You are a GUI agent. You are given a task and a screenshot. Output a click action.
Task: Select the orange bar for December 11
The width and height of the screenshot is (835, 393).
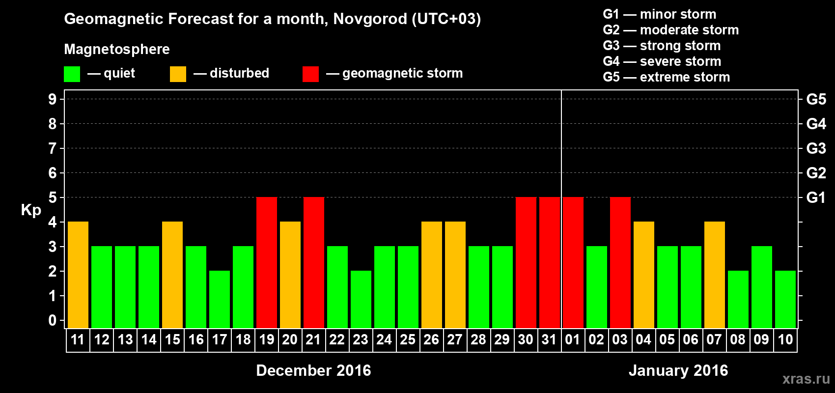coord(78,275)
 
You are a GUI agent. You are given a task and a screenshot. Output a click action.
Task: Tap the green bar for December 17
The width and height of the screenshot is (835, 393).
coord(220,299)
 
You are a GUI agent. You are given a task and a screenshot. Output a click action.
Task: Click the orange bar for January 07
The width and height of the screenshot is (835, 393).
coord(715,275)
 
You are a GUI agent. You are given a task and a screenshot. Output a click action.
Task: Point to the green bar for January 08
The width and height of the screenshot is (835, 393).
coord(738,299)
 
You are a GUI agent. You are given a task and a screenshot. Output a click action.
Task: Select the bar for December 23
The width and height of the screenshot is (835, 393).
coord(361,299)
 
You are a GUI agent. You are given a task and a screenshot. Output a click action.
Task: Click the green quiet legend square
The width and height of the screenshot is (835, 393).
coord(72,74)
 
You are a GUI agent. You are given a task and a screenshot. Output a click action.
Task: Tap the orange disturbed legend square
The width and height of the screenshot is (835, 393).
coord(178,74)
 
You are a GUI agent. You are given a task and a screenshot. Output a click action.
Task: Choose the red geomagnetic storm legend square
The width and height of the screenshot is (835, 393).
coord(310,74)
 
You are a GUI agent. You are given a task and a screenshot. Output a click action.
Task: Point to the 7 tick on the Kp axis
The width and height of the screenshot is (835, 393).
coord(53,148)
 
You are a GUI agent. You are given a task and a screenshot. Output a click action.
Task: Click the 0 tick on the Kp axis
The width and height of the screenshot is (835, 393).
coord(53,321)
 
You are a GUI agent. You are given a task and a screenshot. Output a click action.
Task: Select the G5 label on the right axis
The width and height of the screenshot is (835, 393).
coord(816,99)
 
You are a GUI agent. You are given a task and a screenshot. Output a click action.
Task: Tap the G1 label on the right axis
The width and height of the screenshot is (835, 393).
coord(816,197)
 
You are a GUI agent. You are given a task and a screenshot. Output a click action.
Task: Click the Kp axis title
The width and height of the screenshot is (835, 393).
coord(31,210)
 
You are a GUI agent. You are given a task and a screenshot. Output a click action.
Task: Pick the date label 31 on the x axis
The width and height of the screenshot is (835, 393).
coord(549,340)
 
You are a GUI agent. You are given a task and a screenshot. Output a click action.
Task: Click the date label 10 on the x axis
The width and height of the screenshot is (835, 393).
coord(785,340)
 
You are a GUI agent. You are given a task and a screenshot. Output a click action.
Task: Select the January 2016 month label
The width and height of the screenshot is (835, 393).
coord(678,370)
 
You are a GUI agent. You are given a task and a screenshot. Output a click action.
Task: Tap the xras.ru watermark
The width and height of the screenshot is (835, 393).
coord(806,379)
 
